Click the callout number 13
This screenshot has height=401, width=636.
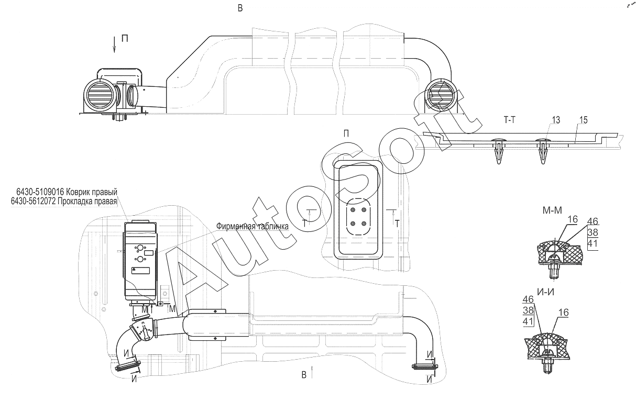point(556,120)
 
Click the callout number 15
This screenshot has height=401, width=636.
point(583,120)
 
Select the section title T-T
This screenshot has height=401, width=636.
point(510,120)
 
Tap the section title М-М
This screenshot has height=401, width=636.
point(552,210)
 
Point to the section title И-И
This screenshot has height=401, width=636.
point(546,292)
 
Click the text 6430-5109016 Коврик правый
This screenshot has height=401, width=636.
point(67,192)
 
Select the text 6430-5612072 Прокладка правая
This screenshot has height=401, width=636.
point(64,202)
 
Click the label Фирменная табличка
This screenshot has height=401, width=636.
point(253,226)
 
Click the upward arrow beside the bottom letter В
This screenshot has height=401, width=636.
point(312,372)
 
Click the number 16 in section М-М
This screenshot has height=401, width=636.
point(573,219)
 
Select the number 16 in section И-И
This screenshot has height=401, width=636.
point(564,313)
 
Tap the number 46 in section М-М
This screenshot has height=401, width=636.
point(593,221)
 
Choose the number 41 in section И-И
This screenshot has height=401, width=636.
point(528,321)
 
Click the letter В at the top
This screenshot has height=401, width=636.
point(240,8)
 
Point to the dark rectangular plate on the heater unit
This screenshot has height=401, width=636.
point(140,270)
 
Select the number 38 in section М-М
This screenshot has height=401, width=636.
point(593,232)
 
